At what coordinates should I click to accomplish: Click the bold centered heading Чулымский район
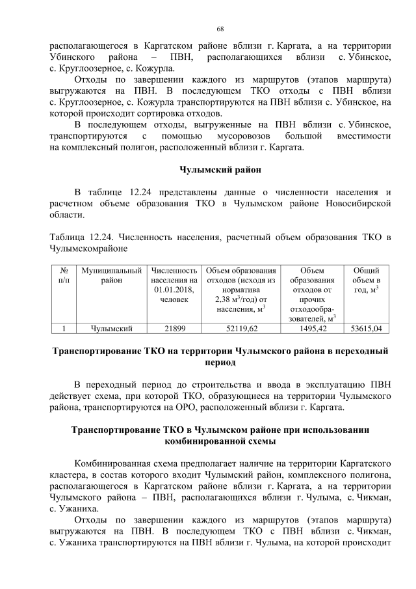click(220, 171)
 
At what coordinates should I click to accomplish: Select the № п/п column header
click(64, 275)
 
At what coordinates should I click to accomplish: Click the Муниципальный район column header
click(112, 275)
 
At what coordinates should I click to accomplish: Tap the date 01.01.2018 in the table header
click(175, 289)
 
